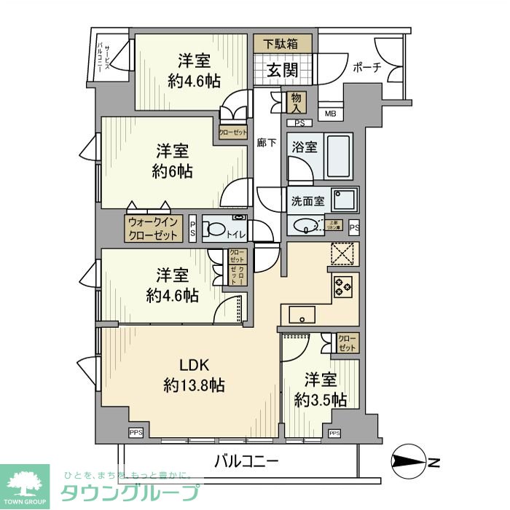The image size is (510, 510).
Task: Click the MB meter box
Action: [330, 113]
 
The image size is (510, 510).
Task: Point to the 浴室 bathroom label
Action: [305, 146]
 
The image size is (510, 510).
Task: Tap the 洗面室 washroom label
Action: [308, 200]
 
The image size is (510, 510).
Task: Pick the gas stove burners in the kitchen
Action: [342, 286]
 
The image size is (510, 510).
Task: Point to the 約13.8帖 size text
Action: [193, 385]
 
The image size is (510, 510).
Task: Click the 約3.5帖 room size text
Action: [321, 399]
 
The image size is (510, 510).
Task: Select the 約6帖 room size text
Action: [173, 172]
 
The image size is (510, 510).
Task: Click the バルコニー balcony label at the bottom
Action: [246, 461]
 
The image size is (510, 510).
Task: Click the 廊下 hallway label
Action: [267, 143]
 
